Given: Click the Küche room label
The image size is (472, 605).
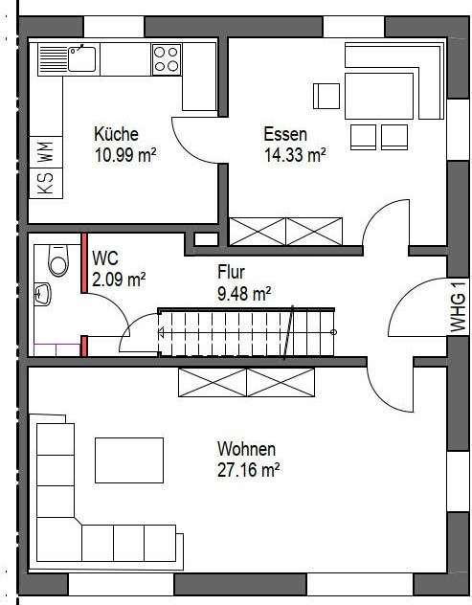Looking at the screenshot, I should (116, 134).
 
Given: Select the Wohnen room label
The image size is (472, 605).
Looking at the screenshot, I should (246, 449).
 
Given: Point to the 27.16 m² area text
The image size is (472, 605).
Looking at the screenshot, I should (248, 469).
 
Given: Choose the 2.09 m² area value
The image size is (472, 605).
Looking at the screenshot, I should (119, 280).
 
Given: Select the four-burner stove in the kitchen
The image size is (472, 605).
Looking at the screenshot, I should (167, 59).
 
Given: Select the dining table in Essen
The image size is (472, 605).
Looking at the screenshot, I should (380, 96).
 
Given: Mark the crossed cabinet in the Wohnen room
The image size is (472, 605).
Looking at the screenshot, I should (246, 383).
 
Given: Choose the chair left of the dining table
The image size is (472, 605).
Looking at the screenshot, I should (326, 97).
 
